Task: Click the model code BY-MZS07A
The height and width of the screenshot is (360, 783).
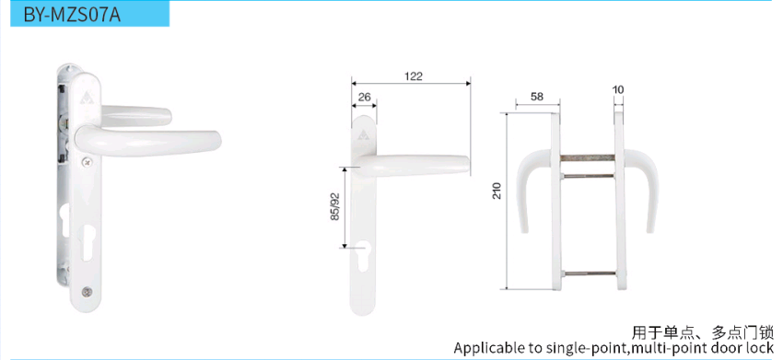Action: tap(72, 15)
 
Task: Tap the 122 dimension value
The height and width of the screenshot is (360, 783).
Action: tap(414, 76)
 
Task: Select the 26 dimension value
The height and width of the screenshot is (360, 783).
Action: tap(365, 97)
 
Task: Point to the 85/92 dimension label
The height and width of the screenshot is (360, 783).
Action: tap(335, 207)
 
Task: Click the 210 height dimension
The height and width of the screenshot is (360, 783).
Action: tap(497, 191)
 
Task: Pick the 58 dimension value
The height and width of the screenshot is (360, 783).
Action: tap(537, 97)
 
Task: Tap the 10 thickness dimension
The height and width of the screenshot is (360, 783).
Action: tap(618, 90)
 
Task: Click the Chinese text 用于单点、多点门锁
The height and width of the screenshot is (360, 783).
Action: tap(703, 332)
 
